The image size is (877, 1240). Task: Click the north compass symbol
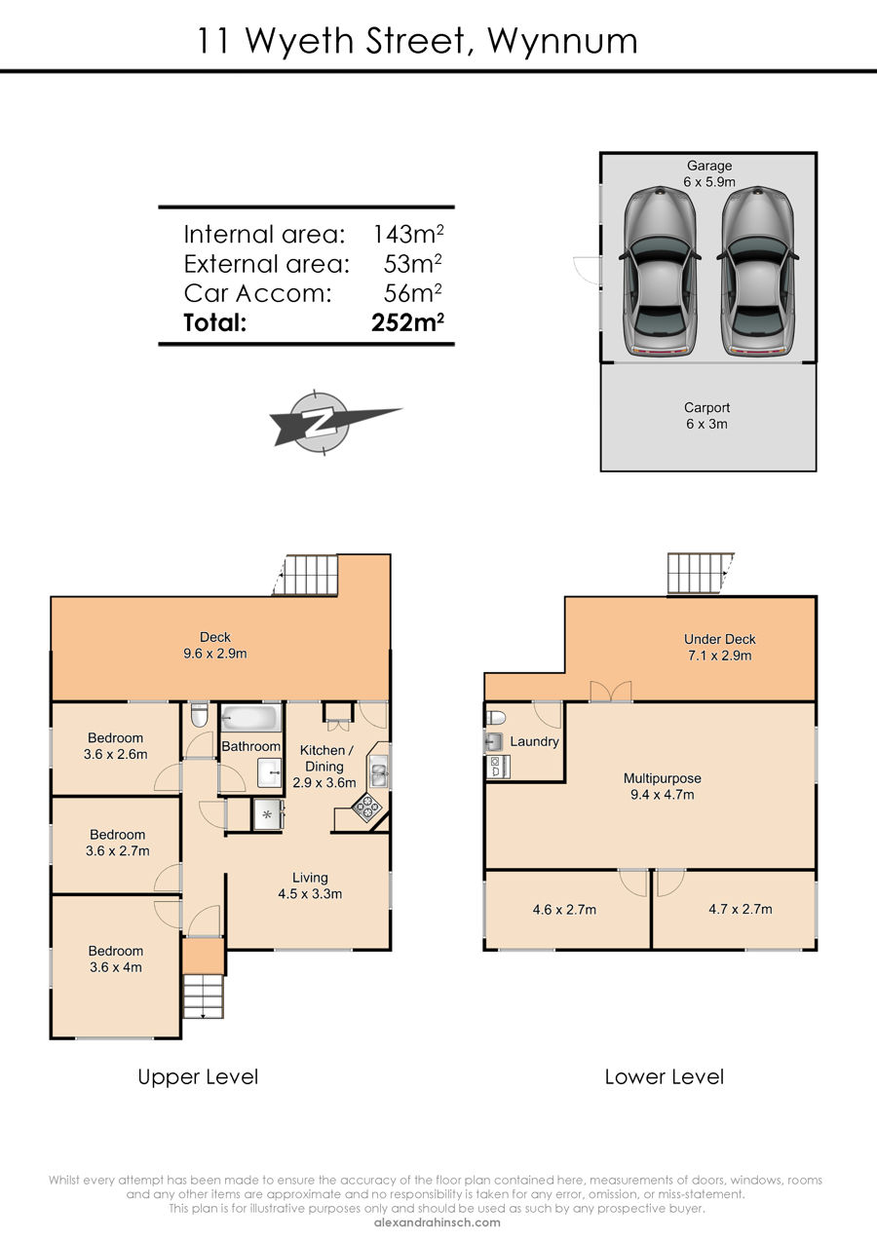tap(322, 423)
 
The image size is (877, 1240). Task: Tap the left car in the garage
tap(660, 271)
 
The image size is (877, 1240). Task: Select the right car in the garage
tap(757, 271)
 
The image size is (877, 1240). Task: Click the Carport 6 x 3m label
tap(706, 416)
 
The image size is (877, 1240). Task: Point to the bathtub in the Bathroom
tap(250, 720)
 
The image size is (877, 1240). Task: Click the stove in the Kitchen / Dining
tap(365, 808)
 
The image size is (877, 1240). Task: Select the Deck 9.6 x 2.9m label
tap(214, 646)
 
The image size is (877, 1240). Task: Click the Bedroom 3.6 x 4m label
tap(116, 959)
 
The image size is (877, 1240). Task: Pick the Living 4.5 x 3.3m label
tap(310, 885)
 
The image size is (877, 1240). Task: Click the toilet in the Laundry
tap(496, 718)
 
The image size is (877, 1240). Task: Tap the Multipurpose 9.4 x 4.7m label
tap(663, 787)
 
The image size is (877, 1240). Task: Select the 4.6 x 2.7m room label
tap(564, 910)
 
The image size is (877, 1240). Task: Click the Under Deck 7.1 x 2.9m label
tap(720, 648)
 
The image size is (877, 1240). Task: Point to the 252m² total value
tap(407, 322)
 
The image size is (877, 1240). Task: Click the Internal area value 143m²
tap(408, 235)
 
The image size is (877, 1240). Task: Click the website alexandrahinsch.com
tap(438, 1222)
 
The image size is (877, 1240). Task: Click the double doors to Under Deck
tap(611, 692)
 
